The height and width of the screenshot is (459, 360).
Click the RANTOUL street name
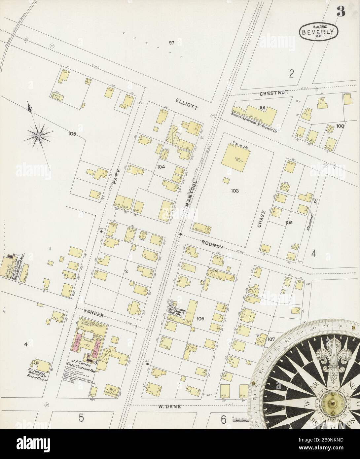tap(191, 194)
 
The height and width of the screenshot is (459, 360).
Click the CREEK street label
tap(95, 316)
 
